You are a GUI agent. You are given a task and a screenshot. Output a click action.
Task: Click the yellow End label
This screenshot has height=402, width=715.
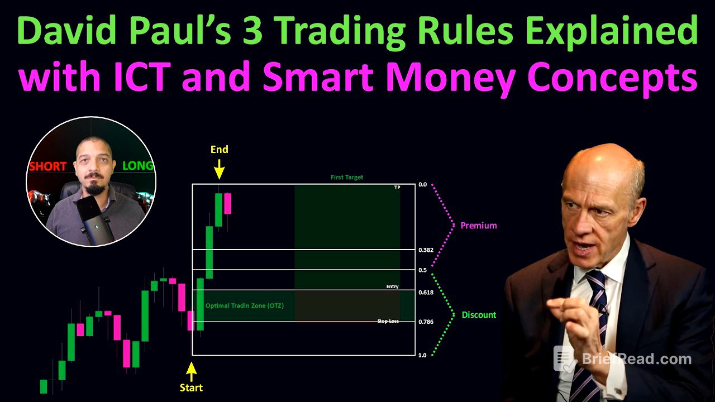[219, 149]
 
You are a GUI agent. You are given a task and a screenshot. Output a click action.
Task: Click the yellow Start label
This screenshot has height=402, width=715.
[191, 387]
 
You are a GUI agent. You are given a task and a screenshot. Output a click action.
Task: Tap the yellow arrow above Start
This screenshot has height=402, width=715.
[191, 370]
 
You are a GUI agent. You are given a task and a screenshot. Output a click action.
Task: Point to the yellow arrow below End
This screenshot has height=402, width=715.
[219, 168]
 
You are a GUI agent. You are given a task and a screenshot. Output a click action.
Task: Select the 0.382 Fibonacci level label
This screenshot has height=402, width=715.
[426, 250]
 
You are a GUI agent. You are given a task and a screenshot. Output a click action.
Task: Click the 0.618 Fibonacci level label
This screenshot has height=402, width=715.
[426, 292]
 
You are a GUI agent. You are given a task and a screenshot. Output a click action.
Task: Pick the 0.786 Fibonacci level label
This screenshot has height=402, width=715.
[426, 322]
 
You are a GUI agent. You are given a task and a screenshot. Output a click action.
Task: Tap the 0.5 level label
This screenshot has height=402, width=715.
[422, 270]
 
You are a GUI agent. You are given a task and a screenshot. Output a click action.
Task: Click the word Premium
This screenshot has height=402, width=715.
[478, 226]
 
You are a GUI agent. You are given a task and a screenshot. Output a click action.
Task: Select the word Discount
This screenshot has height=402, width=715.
[479, 315]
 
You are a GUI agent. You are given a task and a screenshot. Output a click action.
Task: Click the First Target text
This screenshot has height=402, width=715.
[346, 177]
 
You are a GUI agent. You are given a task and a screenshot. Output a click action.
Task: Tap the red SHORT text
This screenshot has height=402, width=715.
[47, 166]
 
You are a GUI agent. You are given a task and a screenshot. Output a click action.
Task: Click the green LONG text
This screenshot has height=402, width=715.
[137, 166]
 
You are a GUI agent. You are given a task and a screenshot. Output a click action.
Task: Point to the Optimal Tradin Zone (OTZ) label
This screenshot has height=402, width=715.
[244, 305]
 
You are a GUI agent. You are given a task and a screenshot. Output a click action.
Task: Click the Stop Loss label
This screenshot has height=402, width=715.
[388, 322]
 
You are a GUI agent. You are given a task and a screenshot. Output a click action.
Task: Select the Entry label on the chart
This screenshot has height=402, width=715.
[392, 286]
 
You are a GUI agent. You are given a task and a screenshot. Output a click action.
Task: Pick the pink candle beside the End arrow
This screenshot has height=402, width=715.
[227, 203]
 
